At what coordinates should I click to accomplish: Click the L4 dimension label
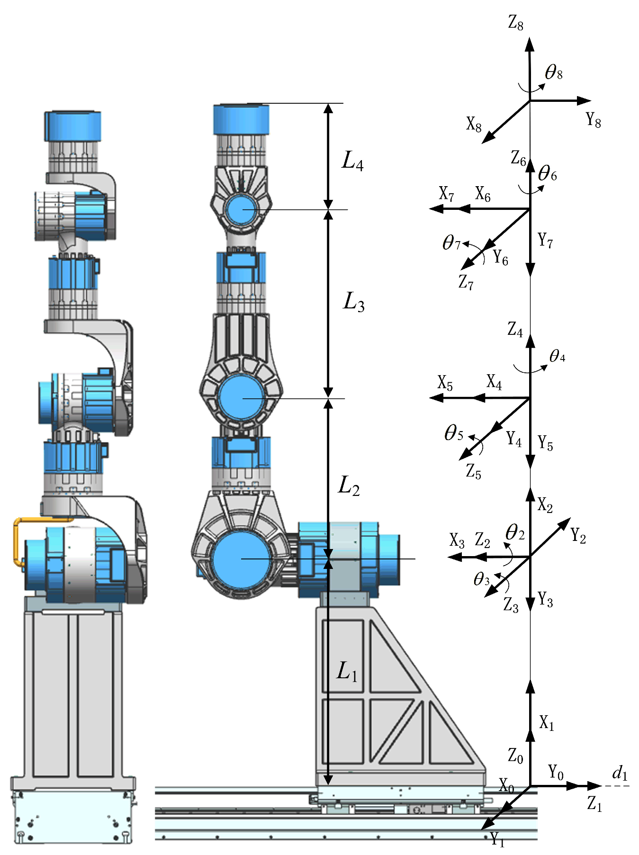(x=352, y=162)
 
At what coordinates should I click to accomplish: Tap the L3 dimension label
(x=353, y=302)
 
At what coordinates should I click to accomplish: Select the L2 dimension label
(x=349, y=486)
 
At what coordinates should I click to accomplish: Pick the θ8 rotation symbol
(x=553, y=72)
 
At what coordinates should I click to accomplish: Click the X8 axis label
(x=474, y=125)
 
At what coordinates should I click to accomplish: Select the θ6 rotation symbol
(x=547, y=174)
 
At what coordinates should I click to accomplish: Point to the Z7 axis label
(x=466, y=283)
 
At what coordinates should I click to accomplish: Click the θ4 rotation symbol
(x=557, y=356)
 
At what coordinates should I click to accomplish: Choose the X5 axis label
(x=445, y=383)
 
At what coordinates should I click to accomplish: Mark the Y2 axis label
(x=578, y=536)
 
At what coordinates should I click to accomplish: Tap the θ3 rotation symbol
(x=481, y=579)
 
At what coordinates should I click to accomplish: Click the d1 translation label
(x=620, y=773)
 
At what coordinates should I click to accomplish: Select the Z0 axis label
(x=515, y=756)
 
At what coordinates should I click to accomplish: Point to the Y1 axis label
(x=497, y=839)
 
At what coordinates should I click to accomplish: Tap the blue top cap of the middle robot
(x=241, y=119)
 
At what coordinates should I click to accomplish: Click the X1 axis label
(x=546, y=723)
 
